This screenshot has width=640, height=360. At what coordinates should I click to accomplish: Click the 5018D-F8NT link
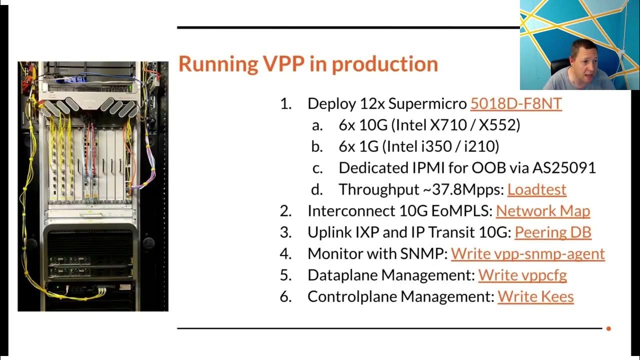(x=515, y=103)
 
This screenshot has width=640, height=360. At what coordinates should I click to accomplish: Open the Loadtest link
(x=536, y=189)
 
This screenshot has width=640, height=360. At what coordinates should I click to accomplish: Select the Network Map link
(x=542, y=211)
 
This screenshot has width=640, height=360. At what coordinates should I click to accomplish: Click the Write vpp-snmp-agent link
(x=527, y=253)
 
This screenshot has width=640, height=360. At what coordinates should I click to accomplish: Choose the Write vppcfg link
(x=522, y=275)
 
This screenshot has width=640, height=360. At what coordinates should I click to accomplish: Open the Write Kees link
(x=535, y=296)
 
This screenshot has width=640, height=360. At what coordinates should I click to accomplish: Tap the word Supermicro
(x=427, y=103)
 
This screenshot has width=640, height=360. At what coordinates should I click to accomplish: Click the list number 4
(x=285, y=253)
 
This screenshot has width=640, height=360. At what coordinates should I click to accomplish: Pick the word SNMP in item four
(x=424, y=253)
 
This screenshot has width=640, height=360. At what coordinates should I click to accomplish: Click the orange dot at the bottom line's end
(x=608, y=328)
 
